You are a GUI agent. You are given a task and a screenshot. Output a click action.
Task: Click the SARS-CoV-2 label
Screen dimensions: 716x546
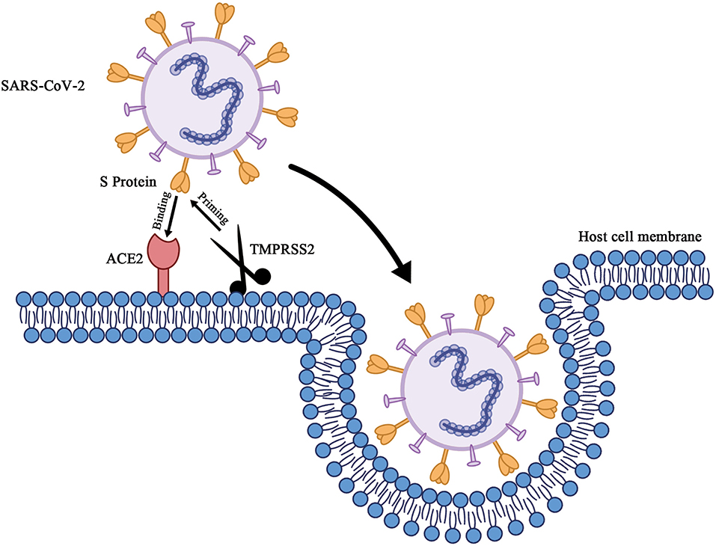pyautogui.click(x=43, y=85)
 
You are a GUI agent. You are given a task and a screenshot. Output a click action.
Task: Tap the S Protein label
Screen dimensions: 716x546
pyautogui.click(x=129, y=182)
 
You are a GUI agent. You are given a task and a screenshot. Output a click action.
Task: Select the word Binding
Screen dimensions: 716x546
pyautogui.click(x=162, y=210)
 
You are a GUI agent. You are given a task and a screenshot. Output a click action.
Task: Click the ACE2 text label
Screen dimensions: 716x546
pyautogui.click(x=125, y=259)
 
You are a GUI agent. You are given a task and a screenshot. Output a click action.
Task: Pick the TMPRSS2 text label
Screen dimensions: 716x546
pyautogui.click(x=282, y=249)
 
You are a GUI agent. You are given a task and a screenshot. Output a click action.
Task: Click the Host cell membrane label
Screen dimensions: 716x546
pyautogui.click(x=640, y=236)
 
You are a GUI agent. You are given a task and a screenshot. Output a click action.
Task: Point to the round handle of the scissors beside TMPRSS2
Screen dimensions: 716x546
pyautogui.click(x=263, y=276)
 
